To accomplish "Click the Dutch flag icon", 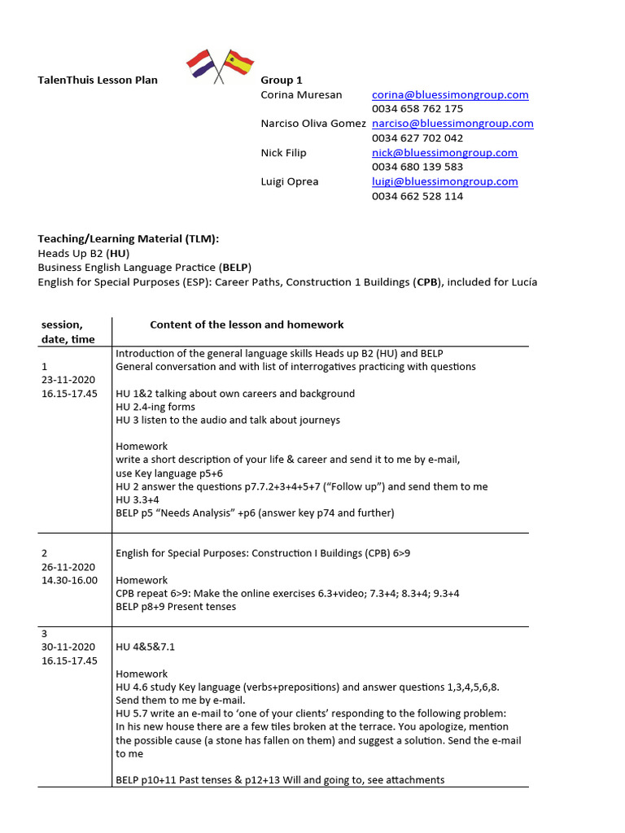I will point(200,63).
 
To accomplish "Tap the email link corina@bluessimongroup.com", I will point(450,94).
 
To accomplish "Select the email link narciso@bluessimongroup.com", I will point(452,124).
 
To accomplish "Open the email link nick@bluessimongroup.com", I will point(444,152).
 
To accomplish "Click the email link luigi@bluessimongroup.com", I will point(444,181).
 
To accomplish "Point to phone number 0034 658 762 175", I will point(417,109).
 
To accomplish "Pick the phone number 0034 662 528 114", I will point(417,196).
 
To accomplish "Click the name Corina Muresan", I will point(301,94).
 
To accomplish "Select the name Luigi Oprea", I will point(289,181).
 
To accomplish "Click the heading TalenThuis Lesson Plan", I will point(98,80).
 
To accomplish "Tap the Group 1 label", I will point(282,80).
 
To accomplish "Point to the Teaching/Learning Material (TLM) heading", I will point(129,238).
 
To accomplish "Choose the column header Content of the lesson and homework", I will point(247,325).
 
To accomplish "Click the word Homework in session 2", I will point(142,580).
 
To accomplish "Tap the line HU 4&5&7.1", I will point(145,647).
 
